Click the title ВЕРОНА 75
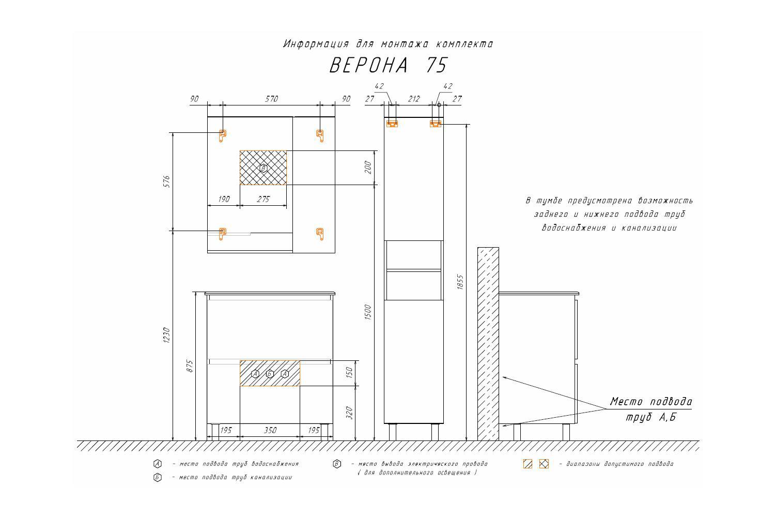(389, 66)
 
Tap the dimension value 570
(271, 99)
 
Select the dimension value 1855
(460, 282)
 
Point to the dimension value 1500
(368, 312)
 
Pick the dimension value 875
(190, 367)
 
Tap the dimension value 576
(166, 181)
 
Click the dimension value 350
(270, 430)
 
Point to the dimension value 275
(263, 199)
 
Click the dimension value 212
(414, 99)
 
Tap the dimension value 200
(368, 168)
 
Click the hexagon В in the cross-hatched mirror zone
(263, 168)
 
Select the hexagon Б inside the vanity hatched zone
(270, 374)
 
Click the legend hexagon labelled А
(158, 464)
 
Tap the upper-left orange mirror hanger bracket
(223, 135)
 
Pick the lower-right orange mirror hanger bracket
(320, 234)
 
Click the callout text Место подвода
(651, 402)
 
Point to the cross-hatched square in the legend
(544, 464)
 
